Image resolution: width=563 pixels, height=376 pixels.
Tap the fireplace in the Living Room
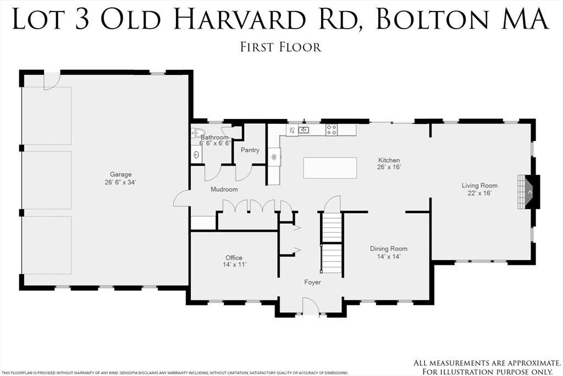point(529,192)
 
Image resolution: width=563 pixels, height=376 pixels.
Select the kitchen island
point(330,167)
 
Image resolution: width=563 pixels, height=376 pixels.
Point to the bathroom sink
point(196,155)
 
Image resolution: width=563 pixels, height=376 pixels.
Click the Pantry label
point(250,150)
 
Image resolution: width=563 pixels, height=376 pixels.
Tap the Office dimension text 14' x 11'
point(234,265)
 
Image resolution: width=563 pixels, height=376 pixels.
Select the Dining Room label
point(388,249)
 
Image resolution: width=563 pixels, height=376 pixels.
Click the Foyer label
point(312,282)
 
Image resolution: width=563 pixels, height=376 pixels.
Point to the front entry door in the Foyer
point(311,307)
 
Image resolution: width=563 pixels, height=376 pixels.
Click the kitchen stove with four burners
point(332,130)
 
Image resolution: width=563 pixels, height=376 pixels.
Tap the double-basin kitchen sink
point(303,130)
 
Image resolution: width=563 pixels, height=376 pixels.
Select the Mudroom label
point(224,189)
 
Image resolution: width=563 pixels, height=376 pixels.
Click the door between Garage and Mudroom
point(181,199)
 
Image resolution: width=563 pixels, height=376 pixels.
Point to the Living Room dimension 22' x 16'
point(479,193)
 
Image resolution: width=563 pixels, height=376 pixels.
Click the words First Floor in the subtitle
point(280,47)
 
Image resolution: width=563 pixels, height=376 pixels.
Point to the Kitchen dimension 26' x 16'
point(388,167)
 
